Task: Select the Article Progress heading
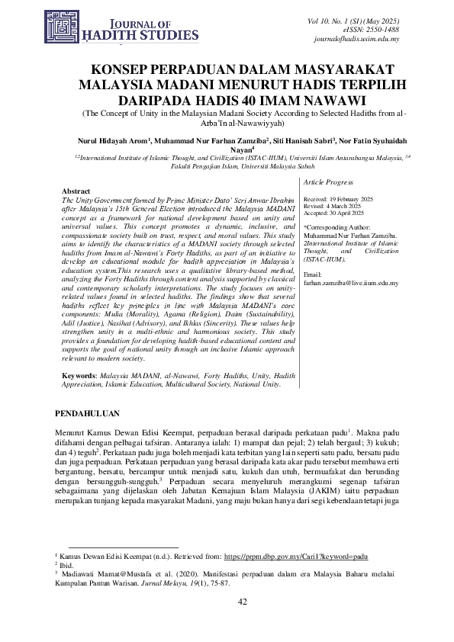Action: coord(328,183)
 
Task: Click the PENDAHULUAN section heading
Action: coord(94,412)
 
